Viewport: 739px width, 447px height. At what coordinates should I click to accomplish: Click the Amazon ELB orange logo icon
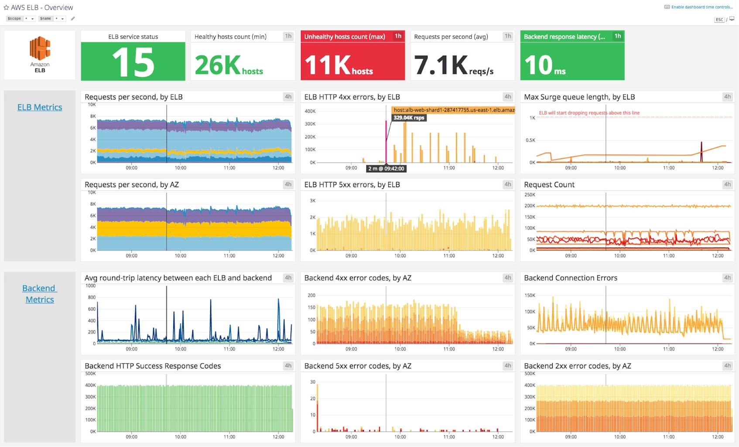click(40, 48)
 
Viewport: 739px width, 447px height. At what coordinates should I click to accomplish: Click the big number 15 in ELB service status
click(133, 62)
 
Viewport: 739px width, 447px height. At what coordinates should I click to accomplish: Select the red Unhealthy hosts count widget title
click(344, 37)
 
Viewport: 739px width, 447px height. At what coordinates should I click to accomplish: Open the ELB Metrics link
click(40, 107)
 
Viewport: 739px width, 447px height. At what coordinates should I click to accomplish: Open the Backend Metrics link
click(39, 294)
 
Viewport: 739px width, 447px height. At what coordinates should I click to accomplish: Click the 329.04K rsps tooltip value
click(408, 118)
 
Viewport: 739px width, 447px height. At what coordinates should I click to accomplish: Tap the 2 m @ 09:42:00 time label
click(386, 168)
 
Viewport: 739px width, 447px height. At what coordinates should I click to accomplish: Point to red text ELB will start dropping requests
click(589, 113)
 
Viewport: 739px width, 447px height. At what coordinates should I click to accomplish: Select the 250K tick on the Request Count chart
click(530, 195)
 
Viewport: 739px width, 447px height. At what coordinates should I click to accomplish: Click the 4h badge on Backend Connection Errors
click(727, 278)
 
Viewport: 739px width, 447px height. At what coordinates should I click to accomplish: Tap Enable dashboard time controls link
click(701, 7)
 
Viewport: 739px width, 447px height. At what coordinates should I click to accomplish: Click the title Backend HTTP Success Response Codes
click(153, 366)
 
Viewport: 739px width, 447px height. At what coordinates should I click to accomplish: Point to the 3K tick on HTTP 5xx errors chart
click(312, 201)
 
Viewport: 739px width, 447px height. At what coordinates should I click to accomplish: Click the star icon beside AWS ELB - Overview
click(6, 7)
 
